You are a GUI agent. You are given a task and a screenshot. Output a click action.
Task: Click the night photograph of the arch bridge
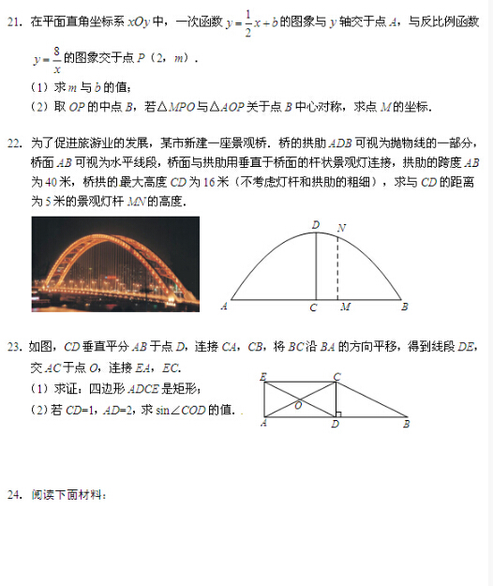[x=115, y=263]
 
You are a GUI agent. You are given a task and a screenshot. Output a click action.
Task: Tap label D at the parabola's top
[x=315, y=224]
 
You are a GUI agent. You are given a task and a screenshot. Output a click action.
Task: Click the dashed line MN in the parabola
[x=338, y=267]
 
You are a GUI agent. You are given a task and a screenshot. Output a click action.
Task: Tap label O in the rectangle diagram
[x=298, y=405]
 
